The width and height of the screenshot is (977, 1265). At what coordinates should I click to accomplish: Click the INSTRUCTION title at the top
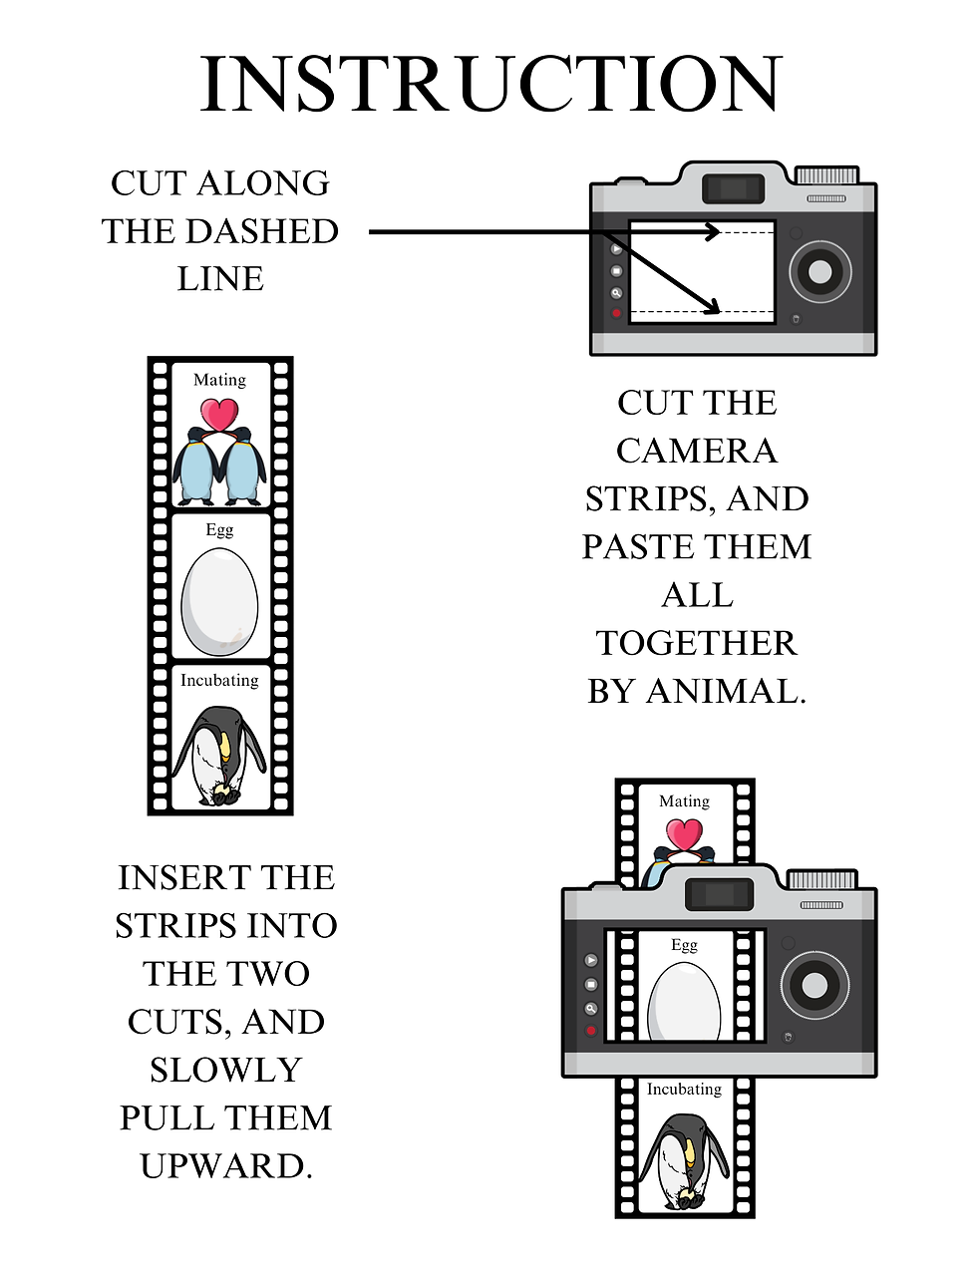point(490,85)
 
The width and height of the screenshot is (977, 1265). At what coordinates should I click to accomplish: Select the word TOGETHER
point(696,643)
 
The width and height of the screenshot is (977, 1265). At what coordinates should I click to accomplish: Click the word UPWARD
point(226,1165)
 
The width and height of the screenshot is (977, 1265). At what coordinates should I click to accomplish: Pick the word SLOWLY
point(226,1070)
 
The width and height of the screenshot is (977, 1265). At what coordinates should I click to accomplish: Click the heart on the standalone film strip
point(219,414)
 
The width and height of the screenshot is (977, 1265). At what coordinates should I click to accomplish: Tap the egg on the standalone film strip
point(219,602)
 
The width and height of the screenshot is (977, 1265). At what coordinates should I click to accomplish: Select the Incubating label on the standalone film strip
point(219,680)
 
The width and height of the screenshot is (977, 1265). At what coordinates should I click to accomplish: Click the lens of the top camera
point(820,271)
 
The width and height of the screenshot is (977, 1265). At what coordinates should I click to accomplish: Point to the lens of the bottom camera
point(814,986)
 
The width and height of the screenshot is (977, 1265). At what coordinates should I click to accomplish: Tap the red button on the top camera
point(616,313)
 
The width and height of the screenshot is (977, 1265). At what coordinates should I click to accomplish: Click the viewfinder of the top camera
point(733,188)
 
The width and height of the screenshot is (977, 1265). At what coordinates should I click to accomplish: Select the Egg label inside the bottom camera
point(684,945)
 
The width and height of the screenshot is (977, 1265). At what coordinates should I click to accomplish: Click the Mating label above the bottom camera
point(684,801)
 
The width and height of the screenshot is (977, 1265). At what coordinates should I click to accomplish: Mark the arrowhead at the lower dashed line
point(712,308)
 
